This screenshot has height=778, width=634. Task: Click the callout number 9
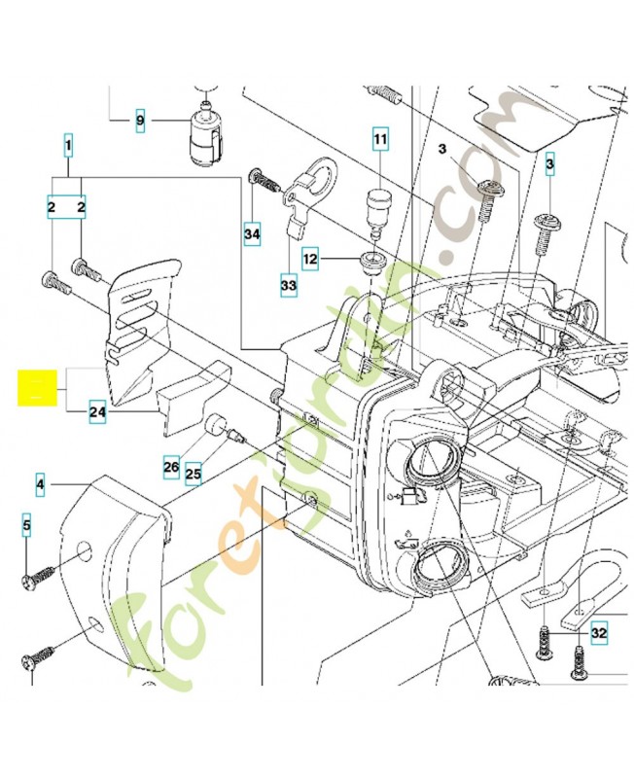point(140,121)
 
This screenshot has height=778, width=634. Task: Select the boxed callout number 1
point(69,147)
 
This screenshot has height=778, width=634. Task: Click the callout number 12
point(310,260)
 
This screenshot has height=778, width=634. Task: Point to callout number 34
point(252,233)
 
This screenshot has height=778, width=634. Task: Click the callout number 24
point(97,412)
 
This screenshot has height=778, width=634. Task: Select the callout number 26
point(171,468)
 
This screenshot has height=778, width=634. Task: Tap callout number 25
point(194,474)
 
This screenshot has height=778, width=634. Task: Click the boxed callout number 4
point(41,482)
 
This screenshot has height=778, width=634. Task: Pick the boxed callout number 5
point(27,526)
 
